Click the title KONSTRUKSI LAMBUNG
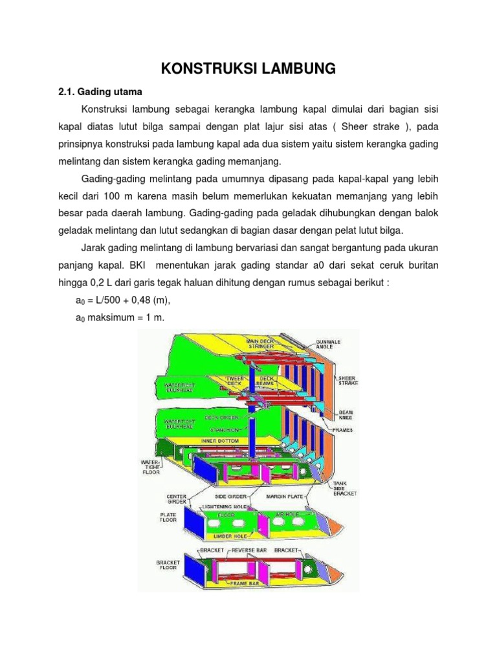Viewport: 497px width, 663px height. (248, 68)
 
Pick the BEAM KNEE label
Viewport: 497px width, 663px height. (347, 414)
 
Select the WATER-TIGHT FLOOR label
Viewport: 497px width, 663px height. (150, 468)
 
